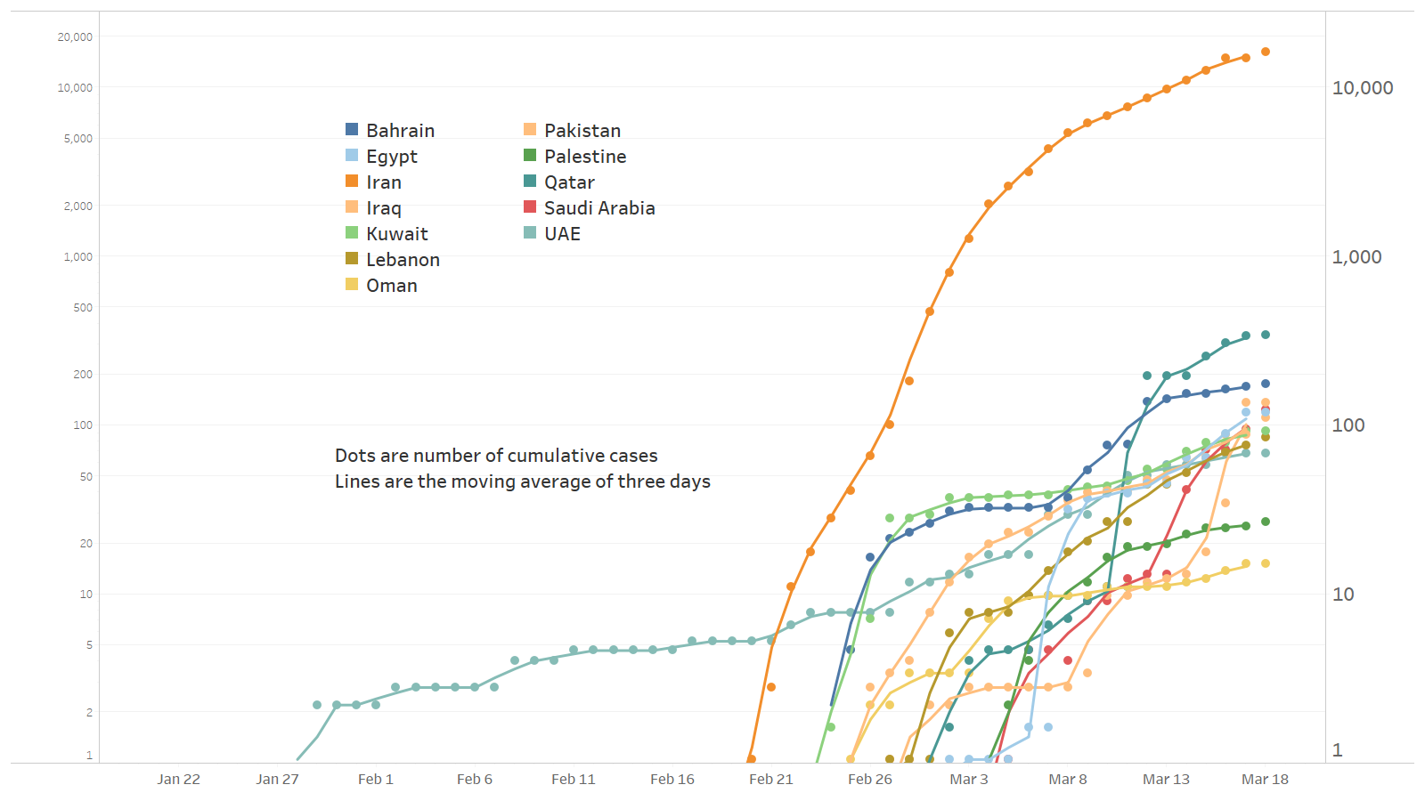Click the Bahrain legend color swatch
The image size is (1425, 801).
352,130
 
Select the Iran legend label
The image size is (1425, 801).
384,182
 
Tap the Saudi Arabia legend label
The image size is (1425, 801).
599,208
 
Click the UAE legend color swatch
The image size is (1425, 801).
530,233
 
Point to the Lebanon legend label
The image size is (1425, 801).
403,260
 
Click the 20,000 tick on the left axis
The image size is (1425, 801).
75,37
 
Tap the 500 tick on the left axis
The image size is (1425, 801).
83,308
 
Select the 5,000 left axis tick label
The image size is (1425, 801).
77,139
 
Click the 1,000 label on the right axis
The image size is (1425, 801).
1356,257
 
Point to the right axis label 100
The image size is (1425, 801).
1348,425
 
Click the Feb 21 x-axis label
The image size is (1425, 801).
770,780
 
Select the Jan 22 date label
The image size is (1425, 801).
178,780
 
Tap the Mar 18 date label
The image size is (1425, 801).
1265,780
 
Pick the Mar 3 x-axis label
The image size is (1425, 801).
968,780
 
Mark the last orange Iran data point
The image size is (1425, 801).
1266,52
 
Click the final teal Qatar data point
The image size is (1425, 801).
1266,335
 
